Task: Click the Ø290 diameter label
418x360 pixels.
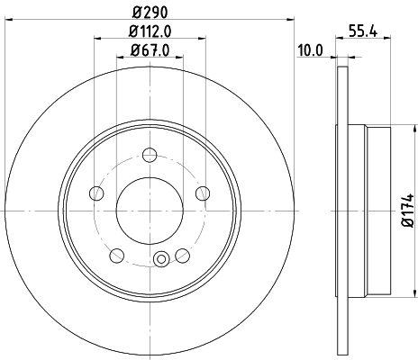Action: pyautogui.click(x=150, y=11)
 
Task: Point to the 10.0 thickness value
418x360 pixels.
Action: pyautogui.click(x=309, y=50)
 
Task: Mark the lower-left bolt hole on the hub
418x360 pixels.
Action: pyautogui.click(x=118, y=254)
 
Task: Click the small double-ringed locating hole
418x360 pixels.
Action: pyautogui.click(x=162, y=262)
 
